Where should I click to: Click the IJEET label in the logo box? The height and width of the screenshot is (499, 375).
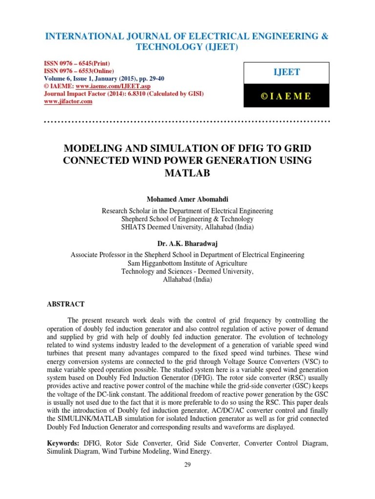pyautogui.click(x=286, y=73)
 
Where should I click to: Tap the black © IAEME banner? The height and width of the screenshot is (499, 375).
pyautogui.click(x=286, y=96)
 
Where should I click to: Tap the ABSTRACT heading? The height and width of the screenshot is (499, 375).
pyautogui.click(x=65, y=304)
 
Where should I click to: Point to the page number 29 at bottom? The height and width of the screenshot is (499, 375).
pyautogui.click(x=187, y=464)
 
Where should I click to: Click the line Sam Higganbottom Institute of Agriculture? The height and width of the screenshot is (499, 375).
pyautogui.click(x=187, y=263)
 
